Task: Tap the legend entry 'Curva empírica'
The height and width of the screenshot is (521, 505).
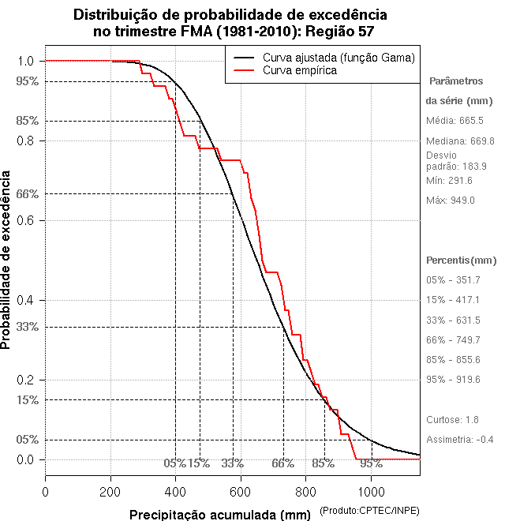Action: tap(300, 70)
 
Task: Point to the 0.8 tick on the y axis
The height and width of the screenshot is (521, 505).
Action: tap(25, 141)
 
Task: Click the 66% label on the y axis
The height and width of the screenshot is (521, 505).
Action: tap(27, 193)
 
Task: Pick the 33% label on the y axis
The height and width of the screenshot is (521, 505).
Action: tap(27, 327)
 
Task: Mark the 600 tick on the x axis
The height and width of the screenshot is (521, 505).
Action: tap(241, 492)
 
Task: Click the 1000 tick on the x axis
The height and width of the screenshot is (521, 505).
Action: tap(371, 492)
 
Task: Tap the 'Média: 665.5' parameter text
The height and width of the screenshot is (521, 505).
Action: tap(454, 121)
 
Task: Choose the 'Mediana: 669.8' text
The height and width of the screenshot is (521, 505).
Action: tap(460, 141)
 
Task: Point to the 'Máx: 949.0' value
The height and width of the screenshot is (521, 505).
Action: tap(451, 201)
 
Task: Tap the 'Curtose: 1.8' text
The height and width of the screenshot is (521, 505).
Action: tap(452, 419)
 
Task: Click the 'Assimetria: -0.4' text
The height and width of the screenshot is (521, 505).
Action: tap(460, 439)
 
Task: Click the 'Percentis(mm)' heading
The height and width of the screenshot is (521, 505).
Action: tap(462, 260)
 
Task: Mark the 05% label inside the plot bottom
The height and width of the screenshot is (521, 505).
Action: tap(174, 463)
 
